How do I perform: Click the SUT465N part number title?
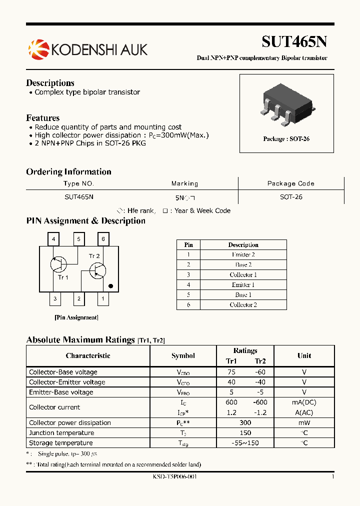point(294,41)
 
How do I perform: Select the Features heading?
point(42,118)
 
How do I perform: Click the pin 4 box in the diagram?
point(53,239)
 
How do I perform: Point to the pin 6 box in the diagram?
point(103,239)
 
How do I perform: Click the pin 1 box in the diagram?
point(103,299)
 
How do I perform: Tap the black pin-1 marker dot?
point(111,286)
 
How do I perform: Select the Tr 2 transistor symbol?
point(97,270)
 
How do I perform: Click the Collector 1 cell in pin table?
point(243,275)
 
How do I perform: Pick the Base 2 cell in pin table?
point(243,265)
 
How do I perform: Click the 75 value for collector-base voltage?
point(231,372)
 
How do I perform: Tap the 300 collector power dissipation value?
point(245,422)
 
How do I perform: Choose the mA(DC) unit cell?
point(304,402)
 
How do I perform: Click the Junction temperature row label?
point(61,433)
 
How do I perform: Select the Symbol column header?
point(183,355)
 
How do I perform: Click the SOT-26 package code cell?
point(291,197)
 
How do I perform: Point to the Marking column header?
point(184,183)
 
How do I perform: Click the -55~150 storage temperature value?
point(245,443)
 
